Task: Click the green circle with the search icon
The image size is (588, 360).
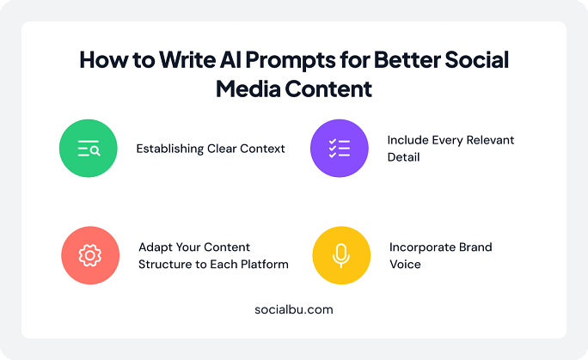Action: [89, 148]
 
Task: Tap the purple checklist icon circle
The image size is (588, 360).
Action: [339, 148]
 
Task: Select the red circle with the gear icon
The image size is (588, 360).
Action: [89, 255]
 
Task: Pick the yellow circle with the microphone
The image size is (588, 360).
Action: [340, 255]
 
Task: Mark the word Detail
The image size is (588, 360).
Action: [403, 157]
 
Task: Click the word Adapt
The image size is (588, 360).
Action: [156, 247]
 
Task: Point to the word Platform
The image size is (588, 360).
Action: [263, 264]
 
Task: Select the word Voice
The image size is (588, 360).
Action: [405, 264]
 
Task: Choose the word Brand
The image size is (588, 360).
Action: [475, 247]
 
